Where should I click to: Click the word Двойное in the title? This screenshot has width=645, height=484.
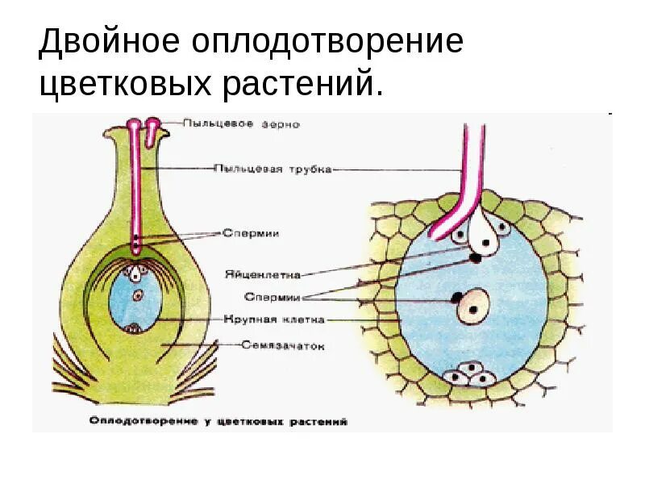tap(107, 42)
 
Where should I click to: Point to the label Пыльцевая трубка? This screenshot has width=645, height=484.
tap(273, 169)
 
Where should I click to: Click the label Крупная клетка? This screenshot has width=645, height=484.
tap(275, 319)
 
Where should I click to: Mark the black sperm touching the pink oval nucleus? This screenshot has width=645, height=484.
tap(457, 298)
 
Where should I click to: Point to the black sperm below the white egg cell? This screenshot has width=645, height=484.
tap(476, 258)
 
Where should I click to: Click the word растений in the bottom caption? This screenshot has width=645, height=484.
tap(322, 421)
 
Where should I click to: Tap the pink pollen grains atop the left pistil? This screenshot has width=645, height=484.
tap(142, 125)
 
